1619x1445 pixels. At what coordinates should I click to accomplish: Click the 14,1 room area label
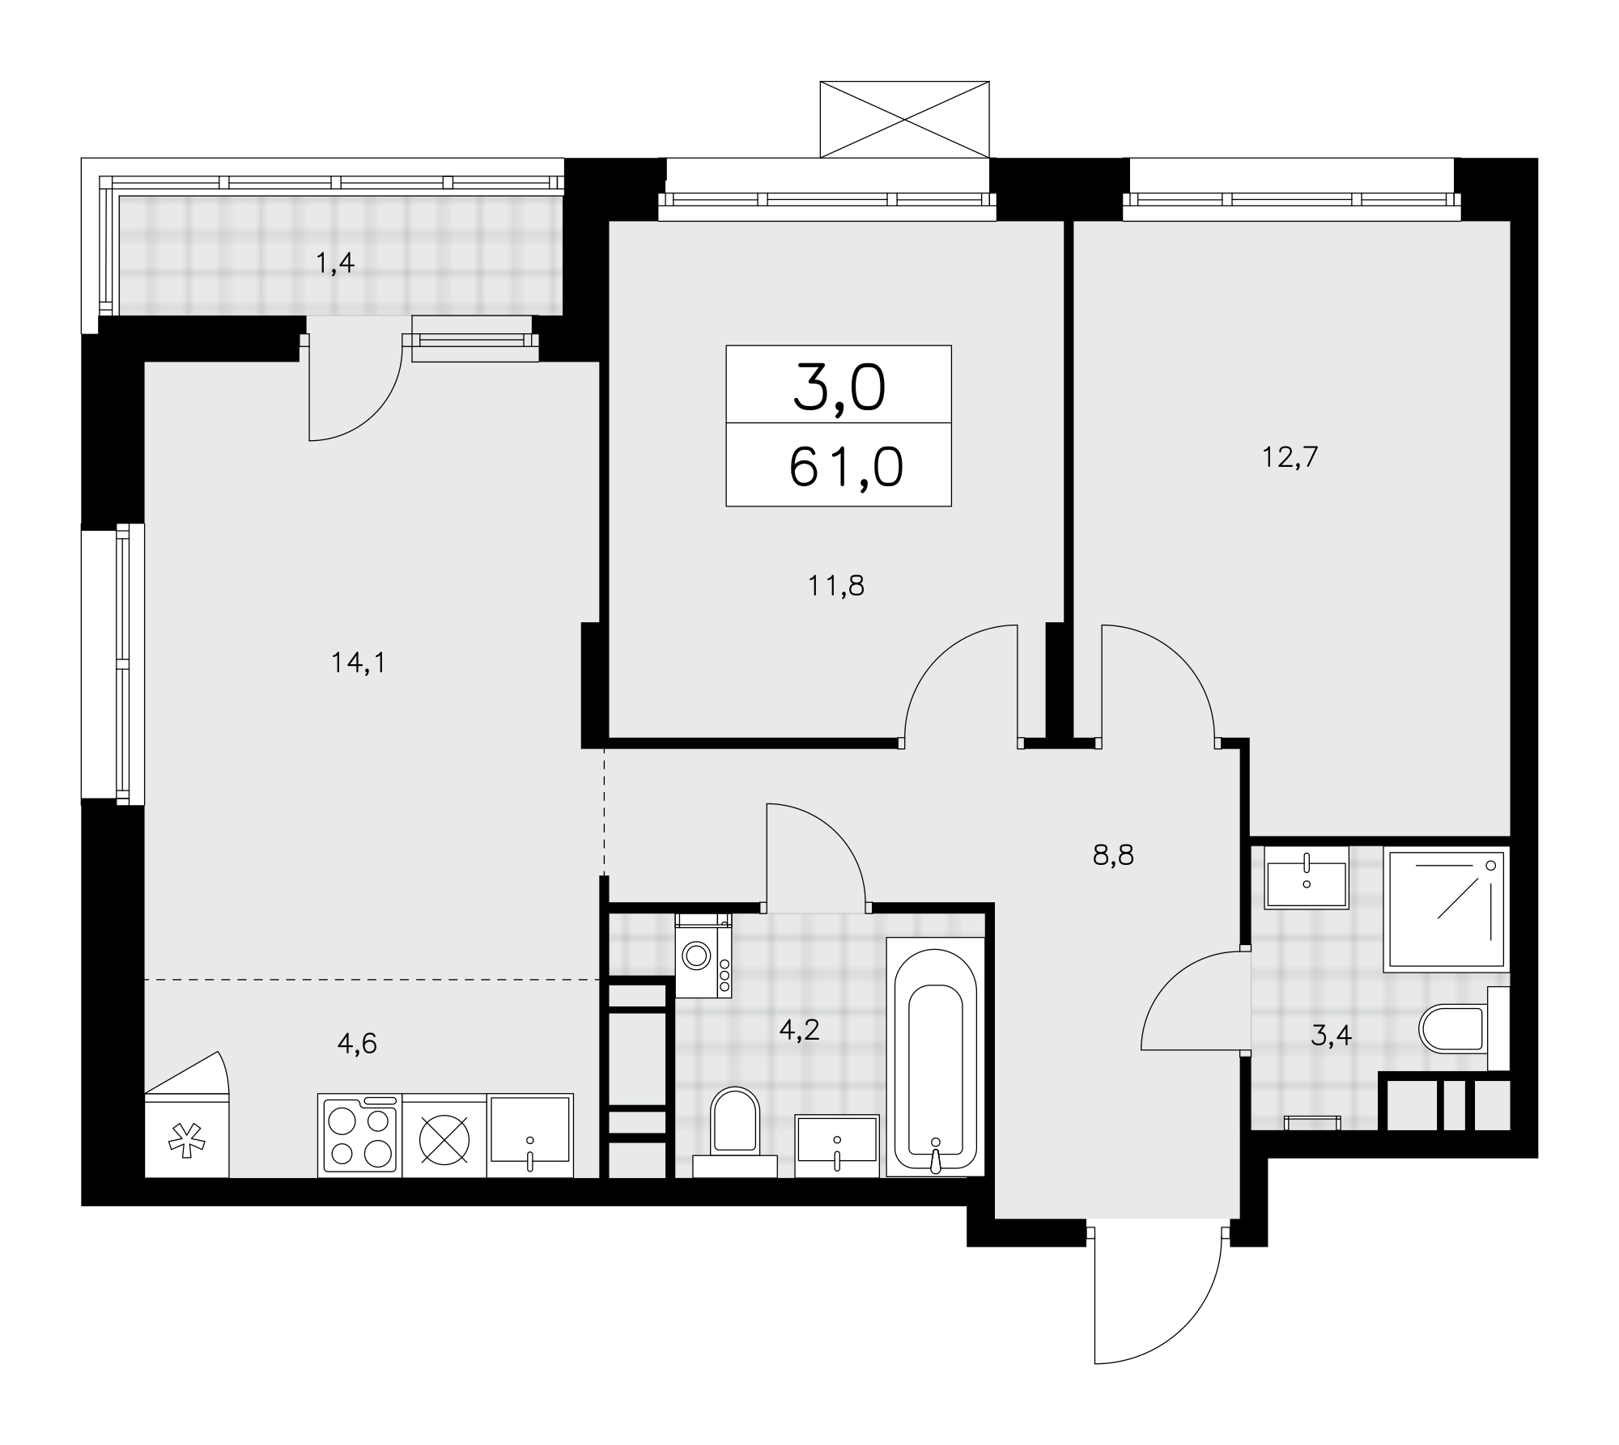(359, 663)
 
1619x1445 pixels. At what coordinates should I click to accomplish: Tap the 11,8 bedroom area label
(835, 585)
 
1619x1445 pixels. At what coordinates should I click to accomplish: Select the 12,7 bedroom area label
(1290, 458)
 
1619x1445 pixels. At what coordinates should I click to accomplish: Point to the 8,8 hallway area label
(1113, 855)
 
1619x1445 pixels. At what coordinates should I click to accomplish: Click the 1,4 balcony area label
(335, 263)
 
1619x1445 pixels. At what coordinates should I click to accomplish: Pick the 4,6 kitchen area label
(357, 1044)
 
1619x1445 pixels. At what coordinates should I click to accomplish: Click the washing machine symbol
(703, 956)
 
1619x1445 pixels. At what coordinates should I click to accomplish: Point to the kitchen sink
(530, 1135)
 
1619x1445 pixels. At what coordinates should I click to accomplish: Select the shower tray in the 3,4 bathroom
(1447, 909)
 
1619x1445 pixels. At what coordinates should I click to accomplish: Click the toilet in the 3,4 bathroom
(1464, 1028)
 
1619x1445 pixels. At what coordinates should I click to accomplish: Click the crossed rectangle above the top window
(904, 119)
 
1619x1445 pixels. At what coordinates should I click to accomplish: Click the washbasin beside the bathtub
(837, 1146)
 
